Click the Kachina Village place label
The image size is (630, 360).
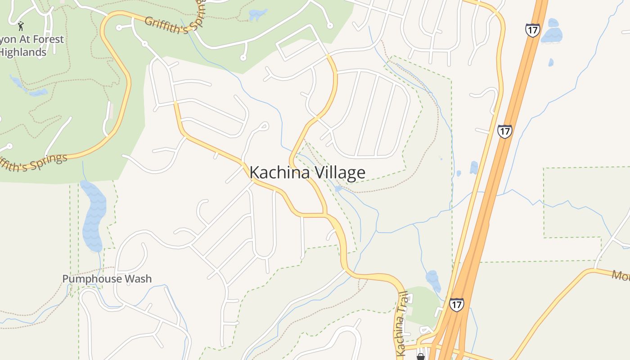[x=307, y=173]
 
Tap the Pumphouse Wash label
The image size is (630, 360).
[x=107, y=279]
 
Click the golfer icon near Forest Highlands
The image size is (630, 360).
[x=21, y=26]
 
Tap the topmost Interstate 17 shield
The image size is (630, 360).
[x=532, y=31]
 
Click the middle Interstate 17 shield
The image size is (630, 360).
[x=504, y=131]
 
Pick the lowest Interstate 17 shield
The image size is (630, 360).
[x=456, y=305]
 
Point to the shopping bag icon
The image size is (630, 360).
[x=420, y=357]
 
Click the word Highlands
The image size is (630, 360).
[x=23, y=52]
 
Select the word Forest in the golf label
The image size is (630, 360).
[x=47, y=40]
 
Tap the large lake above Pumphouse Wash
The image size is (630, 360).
[x=94, y=216]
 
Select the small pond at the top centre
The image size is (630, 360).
[x=257, y=14]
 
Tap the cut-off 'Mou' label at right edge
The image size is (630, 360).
[x=621, y=275]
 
